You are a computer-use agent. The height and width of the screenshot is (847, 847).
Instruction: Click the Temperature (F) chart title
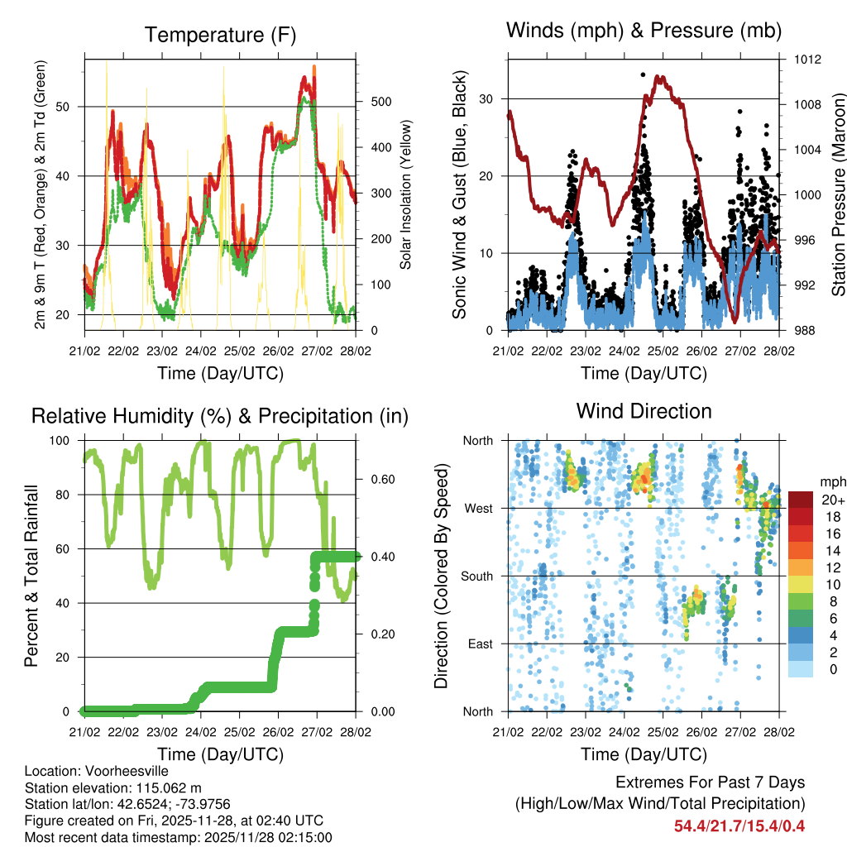[220, 35]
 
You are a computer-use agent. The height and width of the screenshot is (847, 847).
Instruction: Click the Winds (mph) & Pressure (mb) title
[644, 31]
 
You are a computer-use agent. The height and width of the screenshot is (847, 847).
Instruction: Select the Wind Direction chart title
[644, 411]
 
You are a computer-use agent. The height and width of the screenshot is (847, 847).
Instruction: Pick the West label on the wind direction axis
[478, 508]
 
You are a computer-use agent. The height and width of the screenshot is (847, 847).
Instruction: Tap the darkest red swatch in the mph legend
[801, 500]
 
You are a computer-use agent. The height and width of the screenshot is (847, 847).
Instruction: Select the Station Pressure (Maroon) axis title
[837, 194]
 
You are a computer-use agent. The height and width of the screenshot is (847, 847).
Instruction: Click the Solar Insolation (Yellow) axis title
[406, 194]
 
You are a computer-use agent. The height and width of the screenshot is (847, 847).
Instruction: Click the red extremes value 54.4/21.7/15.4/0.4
[739, 825]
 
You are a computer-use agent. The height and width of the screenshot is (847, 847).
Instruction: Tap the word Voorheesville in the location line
[122, 771]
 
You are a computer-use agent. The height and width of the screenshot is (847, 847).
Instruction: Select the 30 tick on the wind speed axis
[488, 98]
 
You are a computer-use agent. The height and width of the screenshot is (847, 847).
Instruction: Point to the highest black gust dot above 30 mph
[643, 74]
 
